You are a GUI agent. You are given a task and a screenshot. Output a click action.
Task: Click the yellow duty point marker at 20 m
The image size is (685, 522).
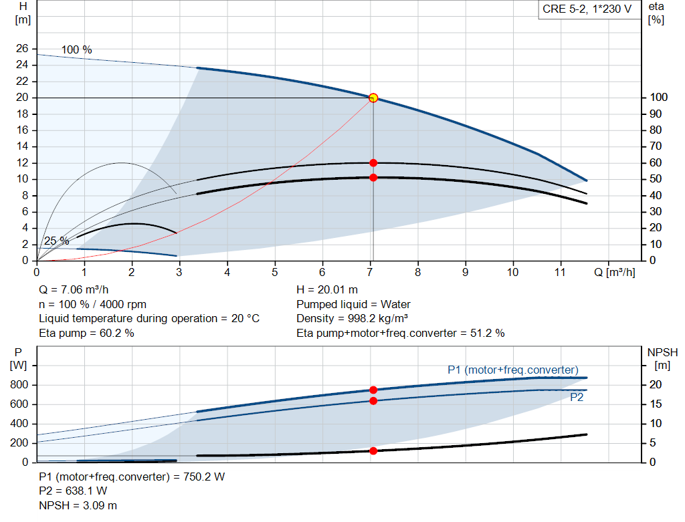[373, 98]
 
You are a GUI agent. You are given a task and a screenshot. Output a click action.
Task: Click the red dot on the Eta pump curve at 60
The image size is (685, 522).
[373, 163]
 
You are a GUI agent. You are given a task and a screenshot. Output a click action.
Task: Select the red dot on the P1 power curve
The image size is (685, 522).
[373, 390]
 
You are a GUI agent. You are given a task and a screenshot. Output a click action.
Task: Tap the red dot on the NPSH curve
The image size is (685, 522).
[373, 450]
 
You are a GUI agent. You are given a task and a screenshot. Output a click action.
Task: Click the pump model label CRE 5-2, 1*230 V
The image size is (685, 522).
[587, 10]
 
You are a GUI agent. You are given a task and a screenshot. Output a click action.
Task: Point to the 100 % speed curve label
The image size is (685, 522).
[76, 50]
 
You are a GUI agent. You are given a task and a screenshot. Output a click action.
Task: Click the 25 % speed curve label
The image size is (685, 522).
[56, 241]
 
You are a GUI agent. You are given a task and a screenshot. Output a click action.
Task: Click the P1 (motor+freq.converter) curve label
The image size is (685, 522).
[512, 370]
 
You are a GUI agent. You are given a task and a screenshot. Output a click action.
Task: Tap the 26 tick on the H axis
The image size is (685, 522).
[22, 49]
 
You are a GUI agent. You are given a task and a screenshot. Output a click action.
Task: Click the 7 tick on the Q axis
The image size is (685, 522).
[370, 273]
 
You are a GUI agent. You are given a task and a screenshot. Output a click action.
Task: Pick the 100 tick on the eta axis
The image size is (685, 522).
[658, 98]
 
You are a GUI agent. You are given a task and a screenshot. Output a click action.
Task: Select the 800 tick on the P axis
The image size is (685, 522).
[18, 385]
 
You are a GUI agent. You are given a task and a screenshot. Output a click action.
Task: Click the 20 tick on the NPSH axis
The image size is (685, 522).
[658, 385]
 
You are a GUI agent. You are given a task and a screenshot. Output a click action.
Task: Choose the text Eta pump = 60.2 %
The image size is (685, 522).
[86, 333]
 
